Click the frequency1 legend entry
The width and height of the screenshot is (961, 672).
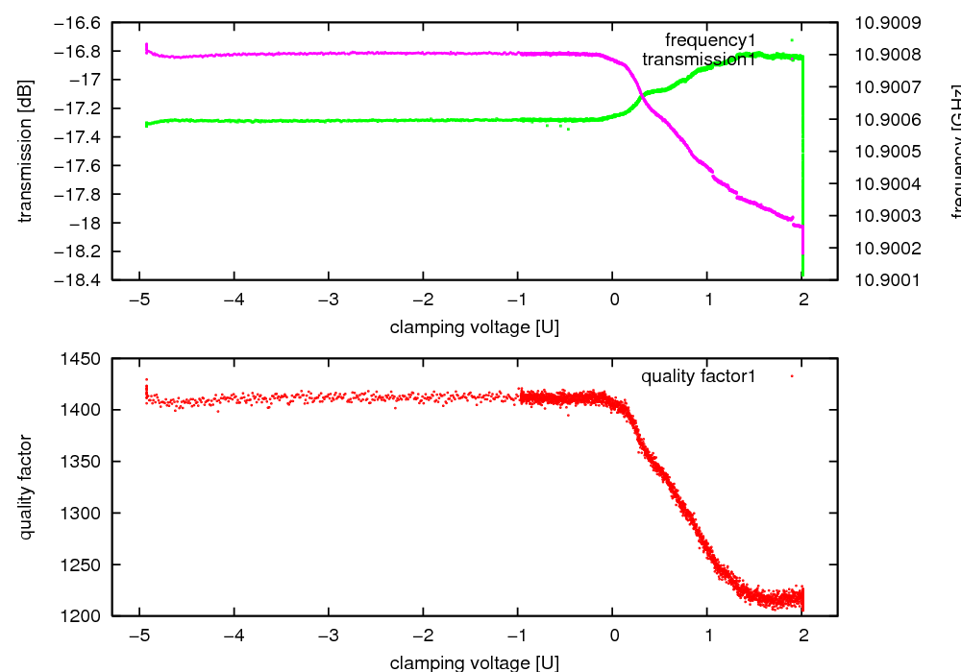[x=719, y=40]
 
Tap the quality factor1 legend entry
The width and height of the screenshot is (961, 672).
[x=699, y=376]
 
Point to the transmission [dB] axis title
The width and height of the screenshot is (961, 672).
[x=26, y=151]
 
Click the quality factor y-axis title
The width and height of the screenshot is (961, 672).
[x=26, y=487]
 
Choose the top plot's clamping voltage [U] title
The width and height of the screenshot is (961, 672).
[x=475, y=327]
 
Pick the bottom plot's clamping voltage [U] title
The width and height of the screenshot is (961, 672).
[x=475, y=662]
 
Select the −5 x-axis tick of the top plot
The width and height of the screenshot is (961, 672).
[x=140, y=299]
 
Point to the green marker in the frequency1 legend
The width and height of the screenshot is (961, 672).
[x=791, y=40]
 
